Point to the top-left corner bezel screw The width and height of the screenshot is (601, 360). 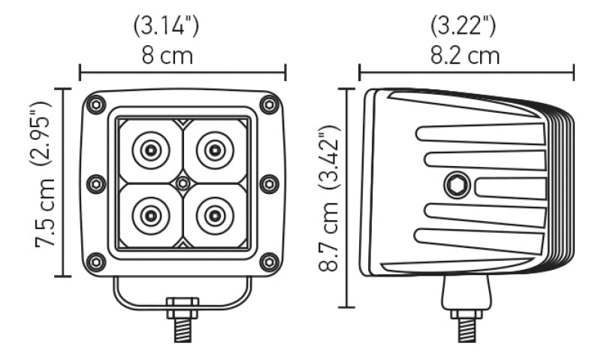pos(96,105)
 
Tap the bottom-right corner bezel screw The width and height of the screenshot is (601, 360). pos(269,262)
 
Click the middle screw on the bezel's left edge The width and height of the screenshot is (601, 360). pos(96,183)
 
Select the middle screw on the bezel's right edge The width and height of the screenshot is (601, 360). pos(269,183)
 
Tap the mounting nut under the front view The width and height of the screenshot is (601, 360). pos(183,307)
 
